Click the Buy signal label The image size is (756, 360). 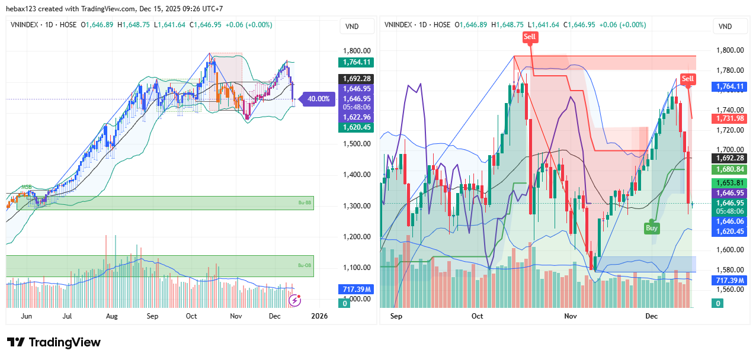[652, 227]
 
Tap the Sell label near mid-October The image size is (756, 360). [530, 37]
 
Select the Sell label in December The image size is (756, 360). [688, 79]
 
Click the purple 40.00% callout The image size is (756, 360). [318, 99]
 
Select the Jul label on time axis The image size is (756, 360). [67, 316]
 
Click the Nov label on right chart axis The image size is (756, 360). [571, 316]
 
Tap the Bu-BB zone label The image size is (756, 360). [305, 202]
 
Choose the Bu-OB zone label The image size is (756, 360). [305, 265]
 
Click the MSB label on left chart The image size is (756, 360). [27, 187]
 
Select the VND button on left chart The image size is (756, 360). [351, 26]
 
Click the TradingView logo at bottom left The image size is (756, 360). [54, 342]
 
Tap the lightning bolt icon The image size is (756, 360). [294, 300]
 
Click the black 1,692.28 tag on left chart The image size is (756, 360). [355, 79]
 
